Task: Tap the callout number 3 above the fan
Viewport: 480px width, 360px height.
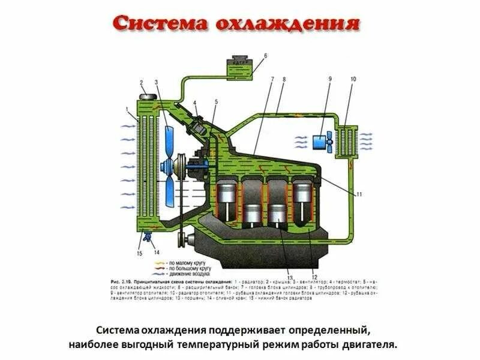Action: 157,83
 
